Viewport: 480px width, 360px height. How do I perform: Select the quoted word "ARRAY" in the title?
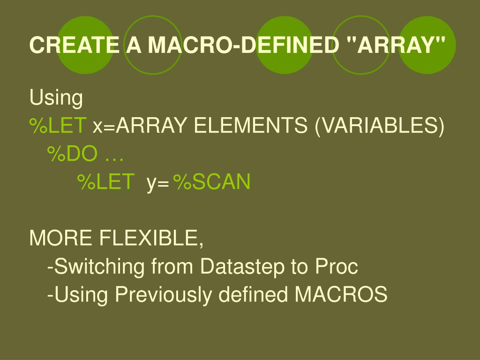click(396, 45)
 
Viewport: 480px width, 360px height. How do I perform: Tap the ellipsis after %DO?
click(114, 154)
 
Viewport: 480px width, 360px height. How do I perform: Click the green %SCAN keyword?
click(212, 182)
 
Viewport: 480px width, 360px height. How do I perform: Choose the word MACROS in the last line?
click(341, 295)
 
